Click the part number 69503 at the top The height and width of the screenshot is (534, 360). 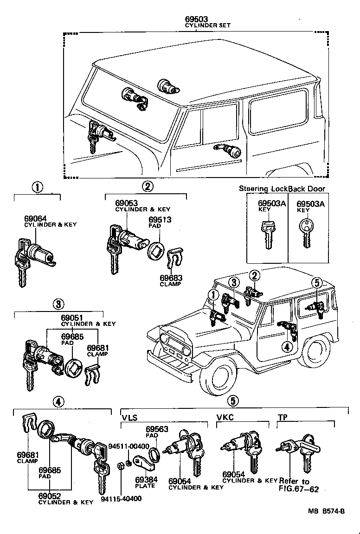[195, 19]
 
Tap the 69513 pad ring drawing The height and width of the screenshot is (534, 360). [157, 250]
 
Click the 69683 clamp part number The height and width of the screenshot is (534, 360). [171, 278]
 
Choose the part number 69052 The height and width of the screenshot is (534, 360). [50, 496]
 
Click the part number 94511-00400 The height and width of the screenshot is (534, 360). [129, 446]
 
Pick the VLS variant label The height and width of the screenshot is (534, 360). [129, 417]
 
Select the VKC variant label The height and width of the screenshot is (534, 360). [225, 417]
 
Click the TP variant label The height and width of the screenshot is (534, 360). [282, 417]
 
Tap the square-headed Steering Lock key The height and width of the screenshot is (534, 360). [267, 235]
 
